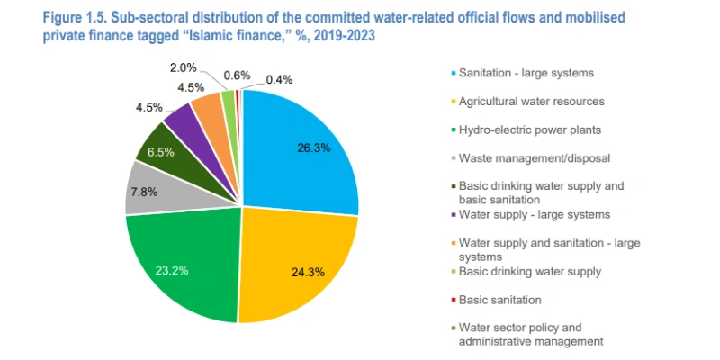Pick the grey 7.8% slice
145,190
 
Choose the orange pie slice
207,108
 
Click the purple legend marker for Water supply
450,215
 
